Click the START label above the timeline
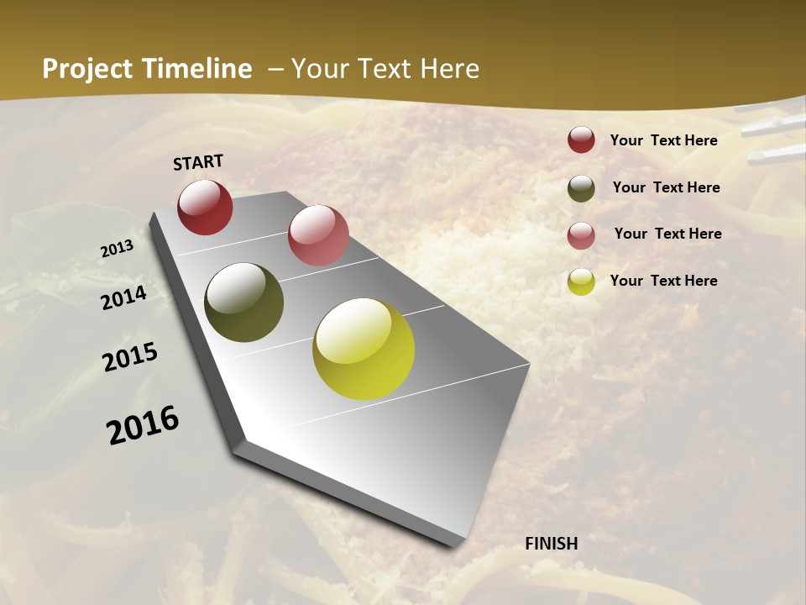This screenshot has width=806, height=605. (x=198, y=162)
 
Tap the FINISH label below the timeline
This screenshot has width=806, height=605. (x=551, y=544)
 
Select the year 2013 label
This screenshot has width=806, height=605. (x=118, y=249)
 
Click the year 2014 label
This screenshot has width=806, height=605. (x=124, y=297)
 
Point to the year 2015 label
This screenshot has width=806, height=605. (x=130, y=357)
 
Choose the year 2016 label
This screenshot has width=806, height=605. (x=143, y=424)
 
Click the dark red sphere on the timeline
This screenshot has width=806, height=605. (x=205, y=207)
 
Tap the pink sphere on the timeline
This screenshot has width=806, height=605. (x=318, y=235)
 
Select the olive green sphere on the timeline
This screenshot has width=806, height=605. (x=243, y=302)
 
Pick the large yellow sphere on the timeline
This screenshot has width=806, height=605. (x=364, y=349)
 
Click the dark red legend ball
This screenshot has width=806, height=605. (x=581, y=139)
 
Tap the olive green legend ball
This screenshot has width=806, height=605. (x=581, y=188)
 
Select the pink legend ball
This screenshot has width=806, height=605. (x=581, y=235)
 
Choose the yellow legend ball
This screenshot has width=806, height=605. (x=581, y=281)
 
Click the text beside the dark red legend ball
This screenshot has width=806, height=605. (x=663, y=140)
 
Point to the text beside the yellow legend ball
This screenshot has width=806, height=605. (x=663, y=281)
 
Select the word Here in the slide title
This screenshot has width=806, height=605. (x=449, y=69)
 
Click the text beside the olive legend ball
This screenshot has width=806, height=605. (x=666, y=187)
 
